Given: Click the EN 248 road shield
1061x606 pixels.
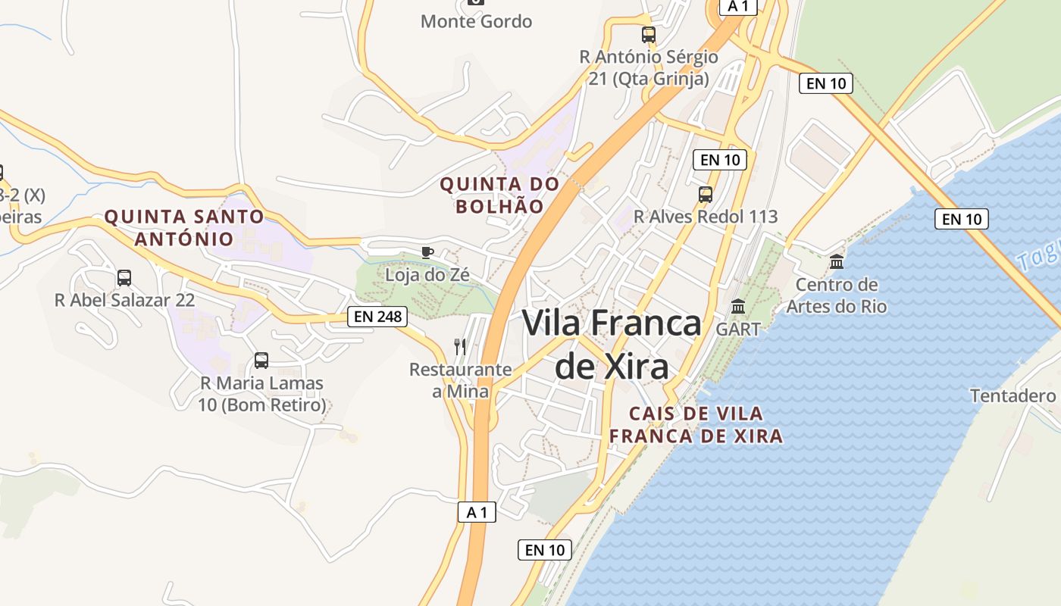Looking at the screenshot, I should tap(377, 316).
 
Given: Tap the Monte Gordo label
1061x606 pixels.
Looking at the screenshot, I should tap(476, 21).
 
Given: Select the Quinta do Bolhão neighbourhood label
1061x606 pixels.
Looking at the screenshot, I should tap(499, 195).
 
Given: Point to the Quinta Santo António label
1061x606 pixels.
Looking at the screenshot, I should tap(184, 227).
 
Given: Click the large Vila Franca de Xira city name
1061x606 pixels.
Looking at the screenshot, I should tap(612, 345).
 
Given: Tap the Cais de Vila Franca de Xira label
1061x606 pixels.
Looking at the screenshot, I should tap(696, 425).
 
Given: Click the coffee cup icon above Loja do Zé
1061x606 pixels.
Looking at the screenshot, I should tap(427, 252).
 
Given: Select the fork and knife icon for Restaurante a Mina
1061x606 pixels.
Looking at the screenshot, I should tap(460, 347).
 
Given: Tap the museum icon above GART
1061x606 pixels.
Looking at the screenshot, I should tap(738, 307).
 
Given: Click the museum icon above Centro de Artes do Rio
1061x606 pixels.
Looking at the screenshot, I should tap(837, 262).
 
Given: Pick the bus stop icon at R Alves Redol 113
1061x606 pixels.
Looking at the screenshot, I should tap(706, 194).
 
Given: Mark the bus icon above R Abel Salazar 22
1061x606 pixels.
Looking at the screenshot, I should tap(124, 278).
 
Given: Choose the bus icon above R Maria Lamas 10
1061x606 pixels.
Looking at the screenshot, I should tap(261, 361).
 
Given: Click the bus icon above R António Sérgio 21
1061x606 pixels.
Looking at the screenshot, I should tap(648, 34).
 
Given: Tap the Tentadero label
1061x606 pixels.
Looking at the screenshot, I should tap(1012, 395).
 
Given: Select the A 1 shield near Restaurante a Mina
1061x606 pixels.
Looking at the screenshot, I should tap(477, 512).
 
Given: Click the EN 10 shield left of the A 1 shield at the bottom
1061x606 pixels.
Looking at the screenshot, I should tap(545, 550).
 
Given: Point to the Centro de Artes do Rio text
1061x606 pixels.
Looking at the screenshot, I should tap(837, 295).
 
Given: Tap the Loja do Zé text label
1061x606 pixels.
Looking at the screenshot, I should tap(427, 275).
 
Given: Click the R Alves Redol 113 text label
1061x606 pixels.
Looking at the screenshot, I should tap(706, 217).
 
